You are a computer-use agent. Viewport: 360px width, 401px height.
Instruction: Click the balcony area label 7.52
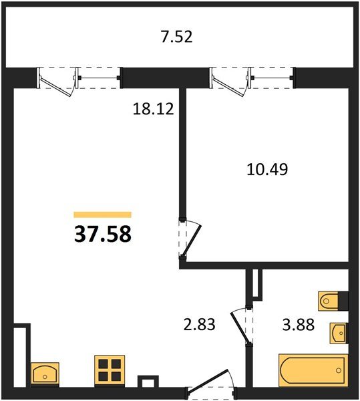(178, 37)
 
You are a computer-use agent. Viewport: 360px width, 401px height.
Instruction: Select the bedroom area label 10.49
(265, 170)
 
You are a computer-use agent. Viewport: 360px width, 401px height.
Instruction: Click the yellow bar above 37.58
(102, 215)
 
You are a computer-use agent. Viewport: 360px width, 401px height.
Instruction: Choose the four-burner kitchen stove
(110, 370)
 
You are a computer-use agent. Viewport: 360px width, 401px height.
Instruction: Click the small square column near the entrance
(145, 383)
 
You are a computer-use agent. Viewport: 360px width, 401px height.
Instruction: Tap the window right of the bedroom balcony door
(274, 78)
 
